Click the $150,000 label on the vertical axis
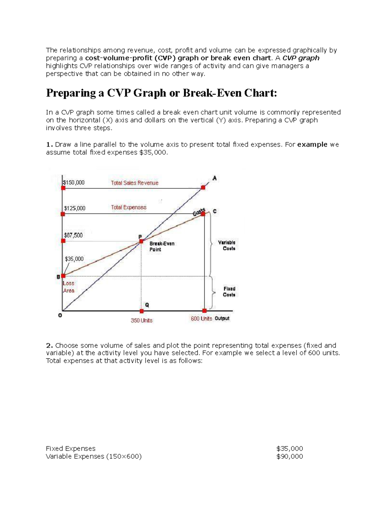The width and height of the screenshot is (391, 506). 74,182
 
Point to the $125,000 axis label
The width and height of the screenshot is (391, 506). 75,208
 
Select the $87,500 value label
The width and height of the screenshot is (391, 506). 73,235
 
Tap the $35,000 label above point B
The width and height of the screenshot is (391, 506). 74,259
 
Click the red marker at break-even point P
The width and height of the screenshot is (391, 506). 141,241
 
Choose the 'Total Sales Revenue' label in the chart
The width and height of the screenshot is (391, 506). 135,183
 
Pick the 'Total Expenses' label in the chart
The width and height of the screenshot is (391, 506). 129,207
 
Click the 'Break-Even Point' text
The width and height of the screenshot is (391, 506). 162,246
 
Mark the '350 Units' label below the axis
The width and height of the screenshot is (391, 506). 141,320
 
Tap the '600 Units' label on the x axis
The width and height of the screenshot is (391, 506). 201,319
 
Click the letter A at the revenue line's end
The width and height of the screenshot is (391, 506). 214,178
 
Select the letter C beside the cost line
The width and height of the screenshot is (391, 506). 214,211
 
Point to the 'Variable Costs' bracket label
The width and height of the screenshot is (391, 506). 227,245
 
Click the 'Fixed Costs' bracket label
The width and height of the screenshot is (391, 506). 229,292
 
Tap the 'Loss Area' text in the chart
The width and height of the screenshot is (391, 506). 68,287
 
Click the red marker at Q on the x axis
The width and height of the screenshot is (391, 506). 141,311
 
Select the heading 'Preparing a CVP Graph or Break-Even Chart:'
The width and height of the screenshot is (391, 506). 161,93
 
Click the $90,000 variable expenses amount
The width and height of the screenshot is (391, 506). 289,456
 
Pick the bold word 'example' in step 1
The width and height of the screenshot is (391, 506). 312,144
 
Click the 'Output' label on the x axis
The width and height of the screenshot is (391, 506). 222,318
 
